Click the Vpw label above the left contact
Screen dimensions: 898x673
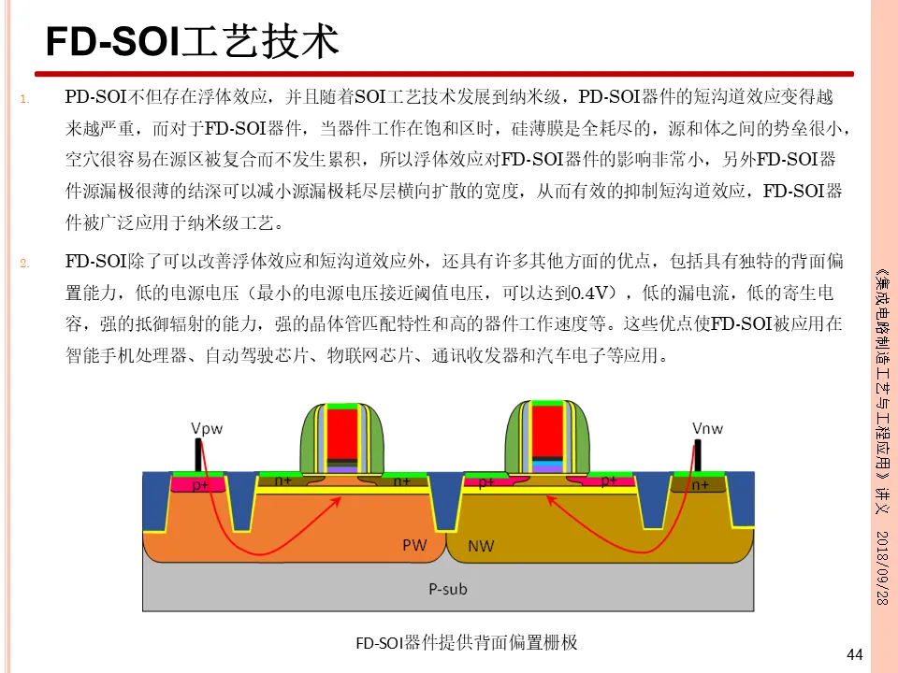[x=208, y=428]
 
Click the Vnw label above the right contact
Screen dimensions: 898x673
[x=707, y=428]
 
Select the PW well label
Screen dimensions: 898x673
[x=415, y=544]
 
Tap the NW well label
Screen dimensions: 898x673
[x=480, y=544]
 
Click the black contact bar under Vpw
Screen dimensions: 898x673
[x=198, y=455]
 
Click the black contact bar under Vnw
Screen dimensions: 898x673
[x=697, y=455]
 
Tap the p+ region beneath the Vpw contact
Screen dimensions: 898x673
[x=200, y=486]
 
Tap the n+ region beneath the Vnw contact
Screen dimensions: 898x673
[x=699, y=486]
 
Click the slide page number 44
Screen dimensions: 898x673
[x=853, y=654]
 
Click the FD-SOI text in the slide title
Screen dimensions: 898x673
[x=104, y=43]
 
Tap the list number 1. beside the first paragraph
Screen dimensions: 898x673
[x=24, y=98]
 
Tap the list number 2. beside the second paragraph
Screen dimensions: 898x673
[x=24, y=263]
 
